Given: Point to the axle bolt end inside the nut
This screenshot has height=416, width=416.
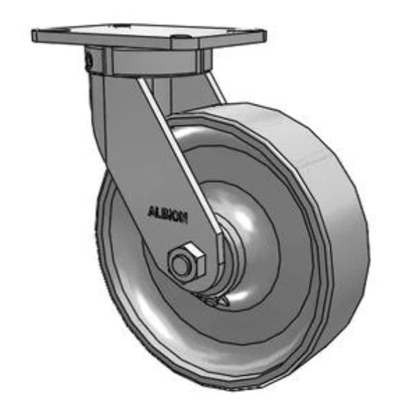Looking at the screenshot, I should (182, 264).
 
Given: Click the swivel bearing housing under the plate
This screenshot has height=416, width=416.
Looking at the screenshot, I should (146, 61).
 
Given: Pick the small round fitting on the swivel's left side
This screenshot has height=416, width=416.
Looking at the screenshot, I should (89, 62).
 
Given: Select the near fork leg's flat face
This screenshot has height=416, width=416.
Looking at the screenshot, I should (139, 153).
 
